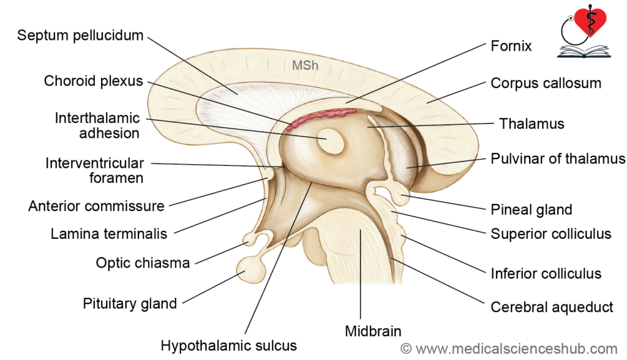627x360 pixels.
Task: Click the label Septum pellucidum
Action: pyautogui.click(x=80, y=35)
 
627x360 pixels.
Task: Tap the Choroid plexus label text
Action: pyautogui.click(x=93, y=81)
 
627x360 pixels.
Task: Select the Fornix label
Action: pyautogui.click(x=511, y=46)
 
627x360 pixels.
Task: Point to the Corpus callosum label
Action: pyautogui.click(x=546, y=83)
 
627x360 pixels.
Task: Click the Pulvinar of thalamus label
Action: pyautogui.click(x=558, y=159)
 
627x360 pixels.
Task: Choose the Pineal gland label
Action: pyautogui.click(x=531, y=209)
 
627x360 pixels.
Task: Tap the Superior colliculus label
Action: pyautogui.click(x=551, y=234)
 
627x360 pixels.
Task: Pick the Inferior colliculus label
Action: pyautogui.click(x=546, y=274)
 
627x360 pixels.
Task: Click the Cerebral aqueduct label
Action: pyautogui.click(x=552, y=307)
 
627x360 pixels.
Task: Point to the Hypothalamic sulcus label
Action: pyautogui.click(x=229, y=345)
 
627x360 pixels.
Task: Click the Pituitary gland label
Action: pyautogui.click(x=130, y=304)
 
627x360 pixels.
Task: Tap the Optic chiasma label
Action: pyautogui.click(x=143, y=263)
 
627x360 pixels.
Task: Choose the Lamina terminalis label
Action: pyautogui.click(x=109, y=234)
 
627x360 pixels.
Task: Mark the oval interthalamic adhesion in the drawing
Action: pyautogui.click(x=330, y=141)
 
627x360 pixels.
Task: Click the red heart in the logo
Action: pyautogui.click(x=591, y=21)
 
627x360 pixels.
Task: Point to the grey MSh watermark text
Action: pyautogui.click(x=305, y=65)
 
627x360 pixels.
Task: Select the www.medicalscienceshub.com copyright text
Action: pyautogui.click(x=509, y=349)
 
